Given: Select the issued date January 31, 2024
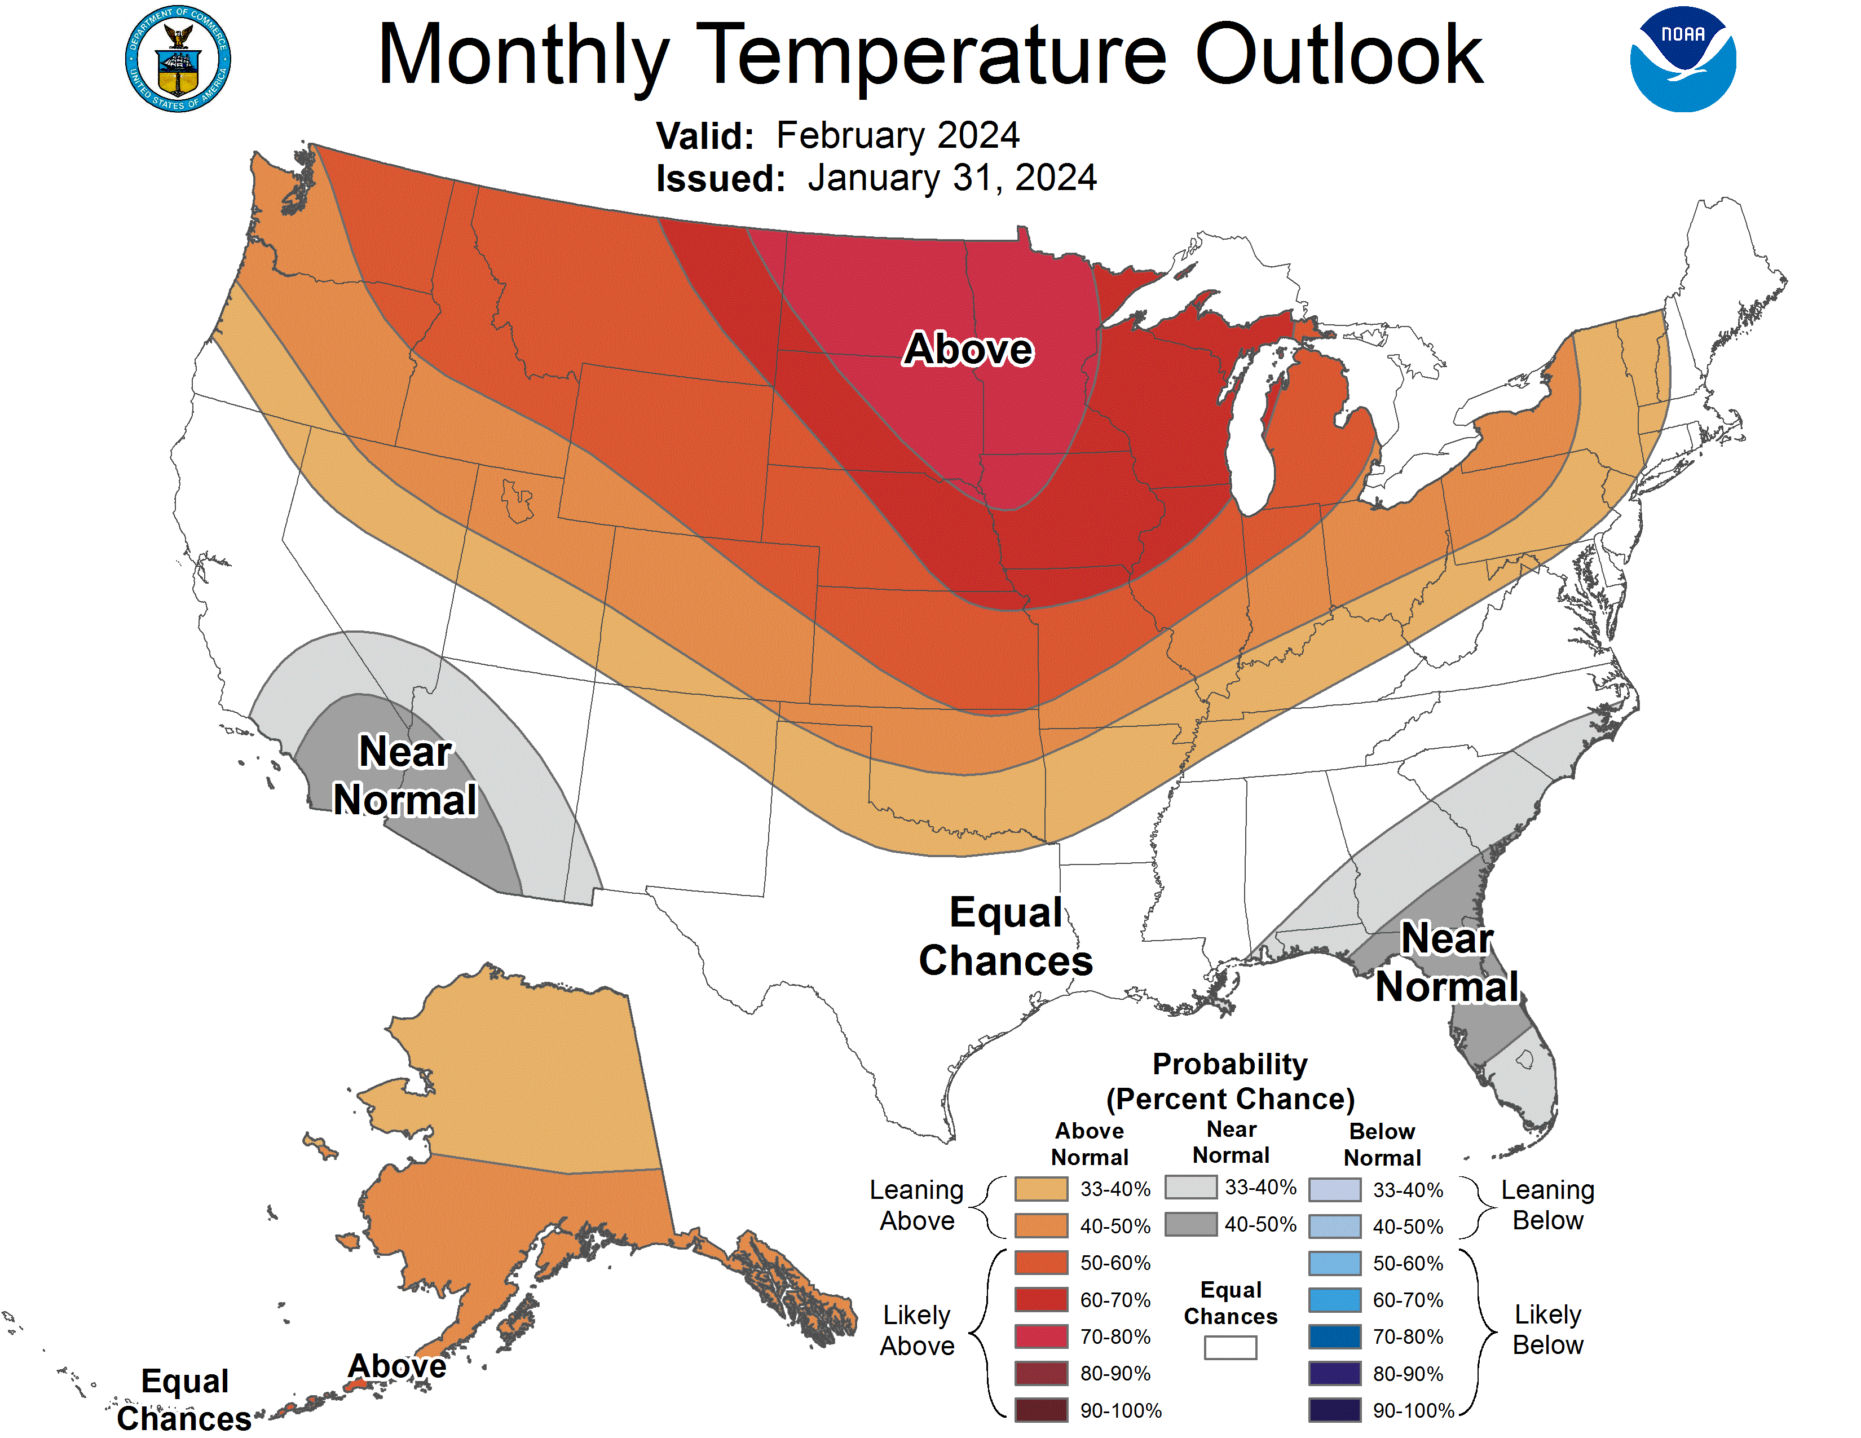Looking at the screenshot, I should (952, 178).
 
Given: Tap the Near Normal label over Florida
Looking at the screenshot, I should (1447, 963).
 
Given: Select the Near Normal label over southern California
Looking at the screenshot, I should (405, 775).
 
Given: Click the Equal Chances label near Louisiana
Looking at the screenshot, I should (1006, 936).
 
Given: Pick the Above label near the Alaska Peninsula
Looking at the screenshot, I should (397, 1366).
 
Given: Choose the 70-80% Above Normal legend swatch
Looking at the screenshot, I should (1040, 1336).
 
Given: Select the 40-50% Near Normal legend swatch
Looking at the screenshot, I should (1190, 1224).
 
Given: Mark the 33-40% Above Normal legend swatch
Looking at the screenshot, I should (1040, 1188).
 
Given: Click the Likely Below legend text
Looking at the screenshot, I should (1547, 1330).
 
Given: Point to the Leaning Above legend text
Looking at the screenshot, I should (917, 1206).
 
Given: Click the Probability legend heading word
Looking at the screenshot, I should (1229, 1064).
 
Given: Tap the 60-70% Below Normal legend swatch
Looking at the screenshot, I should (1334, 1300).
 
